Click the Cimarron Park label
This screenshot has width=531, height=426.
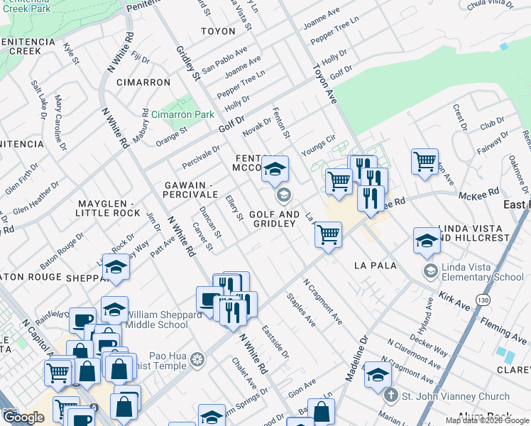pos(182,114)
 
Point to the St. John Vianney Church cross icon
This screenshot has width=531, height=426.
pos(389,395)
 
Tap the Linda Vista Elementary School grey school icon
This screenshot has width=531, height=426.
pos(429,271)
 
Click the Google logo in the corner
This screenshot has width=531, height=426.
pos(23,417)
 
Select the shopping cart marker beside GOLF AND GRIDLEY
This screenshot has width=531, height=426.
pos(328,234)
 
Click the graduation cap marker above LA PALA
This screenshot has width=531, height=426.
pos(426,240)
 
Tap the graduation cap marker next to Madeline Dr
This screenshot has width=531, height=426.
pos(378,373)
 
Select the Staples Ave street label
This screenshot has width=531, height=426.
pos(301,310)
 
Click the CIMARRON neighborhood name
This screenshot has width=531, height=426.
pos(144,82)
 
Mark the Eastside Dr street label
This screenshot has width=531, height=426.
pos(275,341)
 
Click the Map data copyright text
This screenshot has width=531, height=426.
pos(486,420)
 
